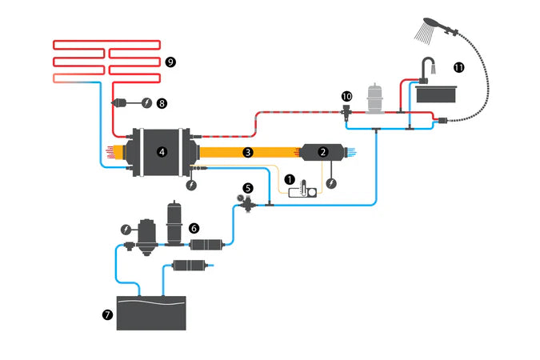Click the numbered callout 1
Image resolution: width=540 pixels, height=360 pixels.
coord(290,180)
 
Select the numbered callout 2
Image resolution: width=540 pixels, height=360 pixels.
coord(322,150)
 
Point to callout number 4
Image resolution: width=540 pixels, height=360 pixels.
coord(162,150)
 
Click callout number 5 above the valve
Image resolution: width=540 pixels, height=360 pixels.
coord(248,188)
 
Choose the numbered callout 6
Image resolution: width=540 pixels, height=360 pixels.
coord(194,228)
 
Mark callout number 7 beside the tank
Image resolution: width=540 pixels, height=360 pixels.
coord(107,314)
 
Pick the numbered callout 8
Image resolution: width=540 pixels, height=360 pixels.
coord(162,102)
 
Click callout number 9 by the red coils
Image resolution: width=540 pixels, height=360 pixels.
coord(170,62)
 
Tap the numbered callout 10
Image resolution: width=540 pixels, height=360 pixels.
coord(346,96)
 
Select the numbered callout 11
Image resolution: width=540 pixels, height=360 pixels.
coord(458,67)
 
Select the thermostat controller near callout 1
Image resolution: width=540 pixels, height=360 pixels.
coord(305,190)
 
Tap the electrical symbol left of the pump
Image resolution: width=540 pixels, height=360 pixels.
coord(126,229)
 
